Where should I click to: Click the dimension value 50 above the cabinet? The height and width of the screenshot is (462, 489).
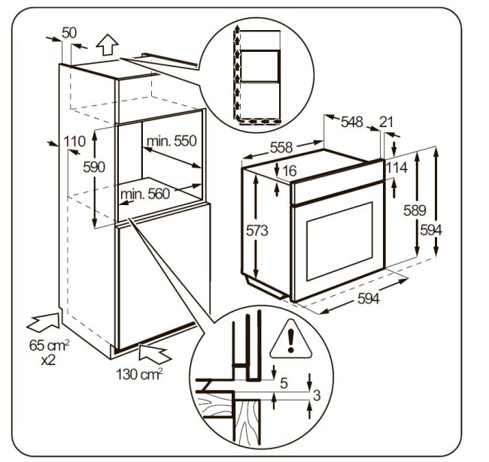tap(69, 32)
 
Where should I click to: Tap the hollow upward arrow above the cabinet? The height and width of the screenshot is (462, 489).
tap(107, 46)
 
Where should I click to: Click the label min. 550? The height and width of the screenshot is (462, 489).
tap(171, 141)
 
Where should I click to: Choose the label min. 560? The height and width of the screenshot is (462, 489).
tap(145, 194)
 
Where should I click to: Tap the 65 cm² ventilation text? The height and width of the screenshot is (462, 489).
tap(44, 348)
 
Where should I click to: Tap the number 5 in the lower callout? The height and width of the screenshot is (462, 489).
tap(284, 382)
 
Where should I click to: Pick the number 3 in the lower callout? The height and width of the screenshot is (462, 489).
tap(317, 395)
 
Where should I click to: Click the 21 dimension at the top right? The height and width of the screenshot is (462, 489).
tap(387, 122)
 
